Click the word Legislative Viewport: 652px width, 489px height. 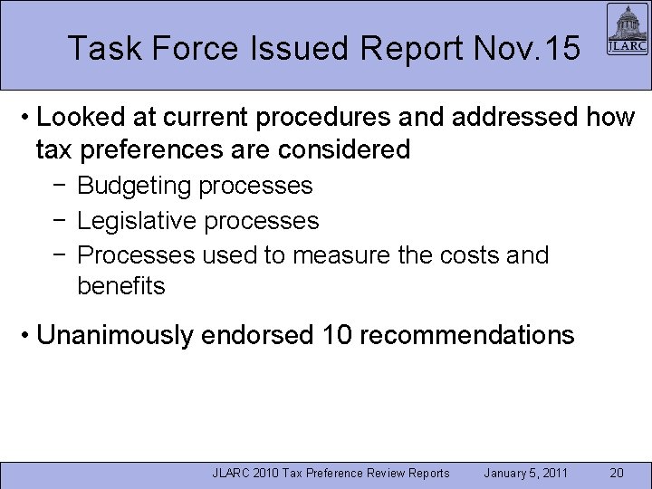pos(138,220)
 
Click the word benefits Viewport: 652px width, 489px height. pos(121,286)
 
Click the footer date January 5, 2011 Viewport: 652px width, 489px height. pos(525,474)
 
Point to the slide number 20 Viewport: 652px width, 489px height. pos(616,474)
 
